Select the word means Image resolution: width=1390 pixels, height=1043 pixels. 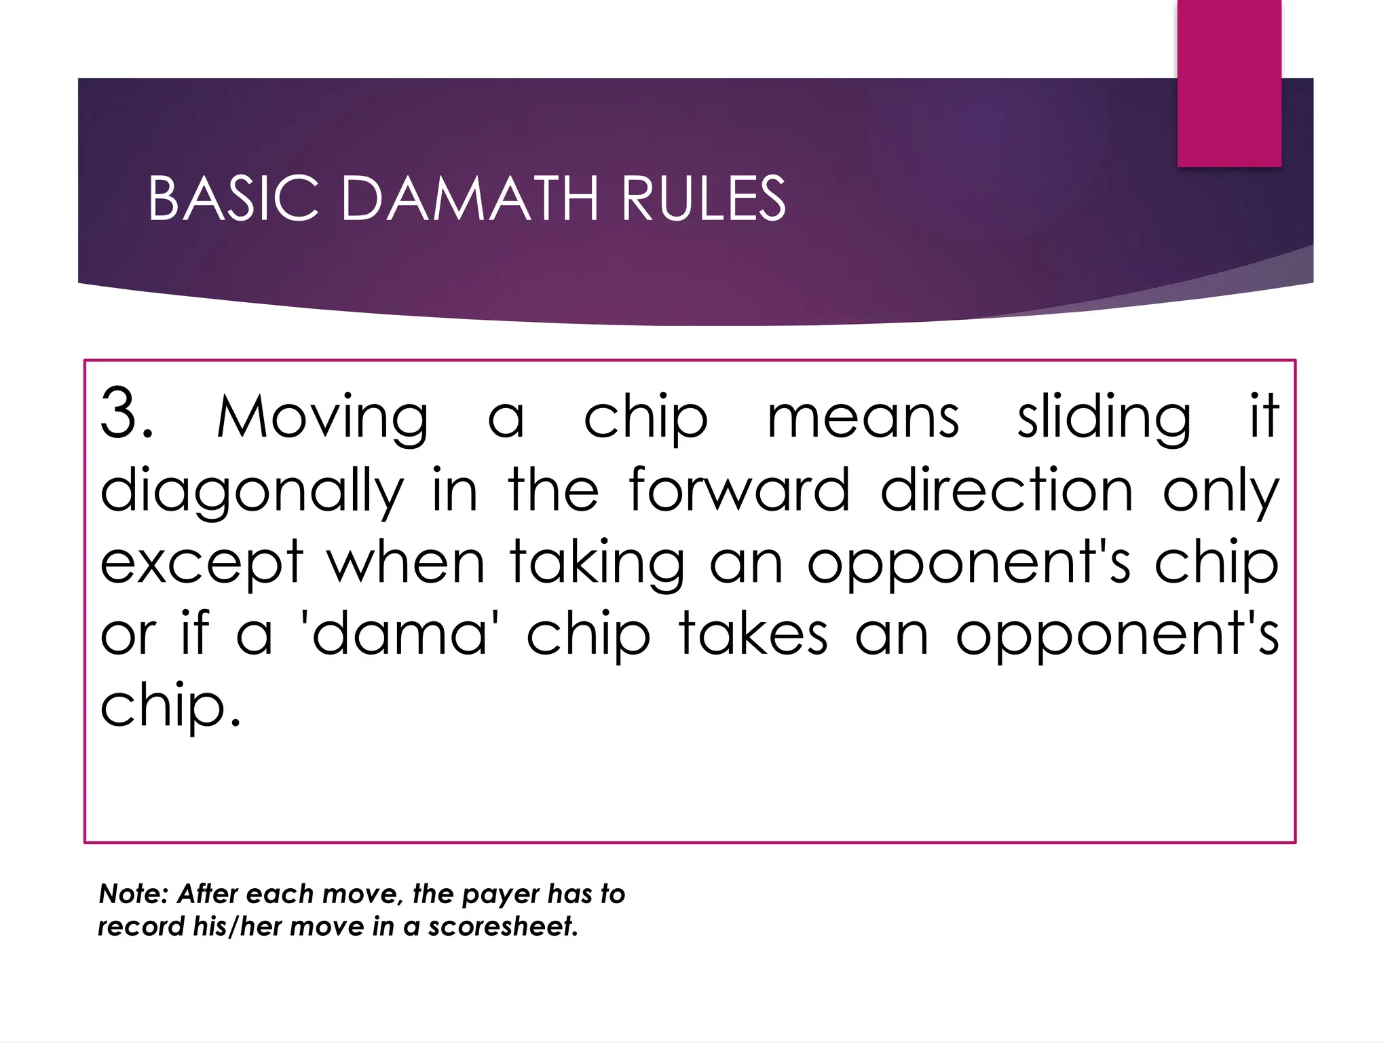pos(863,417)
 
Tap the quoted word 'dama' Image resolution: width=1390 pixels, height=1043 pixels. pos(400,634)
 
